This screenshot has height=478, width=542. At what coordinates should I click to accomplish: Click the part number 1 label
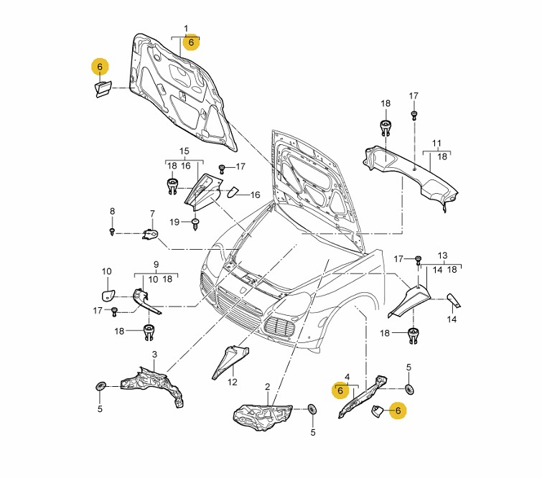click(186, 29)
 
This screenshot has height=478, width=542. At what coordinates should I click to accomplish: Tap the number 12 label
click(232, 382)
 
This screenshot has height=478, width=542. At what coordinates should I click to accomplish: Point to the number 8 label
click(112, 211)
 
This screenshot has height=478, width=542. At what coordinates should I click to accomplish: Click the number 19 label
click(174, 222)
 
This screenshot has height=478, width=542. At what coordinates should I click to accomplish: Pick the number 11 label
click(436, 144)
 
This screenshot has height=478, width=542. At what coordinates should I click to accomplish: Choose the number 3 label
click(154, 355)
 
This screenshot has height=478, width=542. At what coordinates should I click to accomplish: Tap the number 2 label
click(267, 387)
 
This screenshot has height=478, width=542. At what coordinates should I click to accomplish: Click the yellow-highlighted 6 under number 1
click(190, 42)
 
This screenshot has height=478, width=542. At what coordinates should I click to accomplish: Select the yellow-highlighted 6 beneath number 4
click(340, 391)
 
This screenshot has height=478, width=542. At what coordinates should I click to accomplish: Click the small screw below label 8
click(113, 231)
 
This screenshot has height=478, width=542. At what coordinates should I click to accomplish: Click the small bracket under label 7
click(150, 234)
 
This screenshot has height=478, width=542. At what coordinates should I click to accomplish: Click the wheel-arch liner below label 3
click(153, 385)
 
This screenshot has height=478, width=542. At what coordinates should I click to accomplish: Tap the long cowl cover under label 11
click(409, 172)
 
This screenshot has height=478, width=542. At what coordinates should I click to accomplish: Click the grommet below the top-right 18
click(386, 130)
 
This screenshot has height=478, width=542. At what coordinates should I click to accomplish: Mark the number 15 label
click(184, 151)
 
